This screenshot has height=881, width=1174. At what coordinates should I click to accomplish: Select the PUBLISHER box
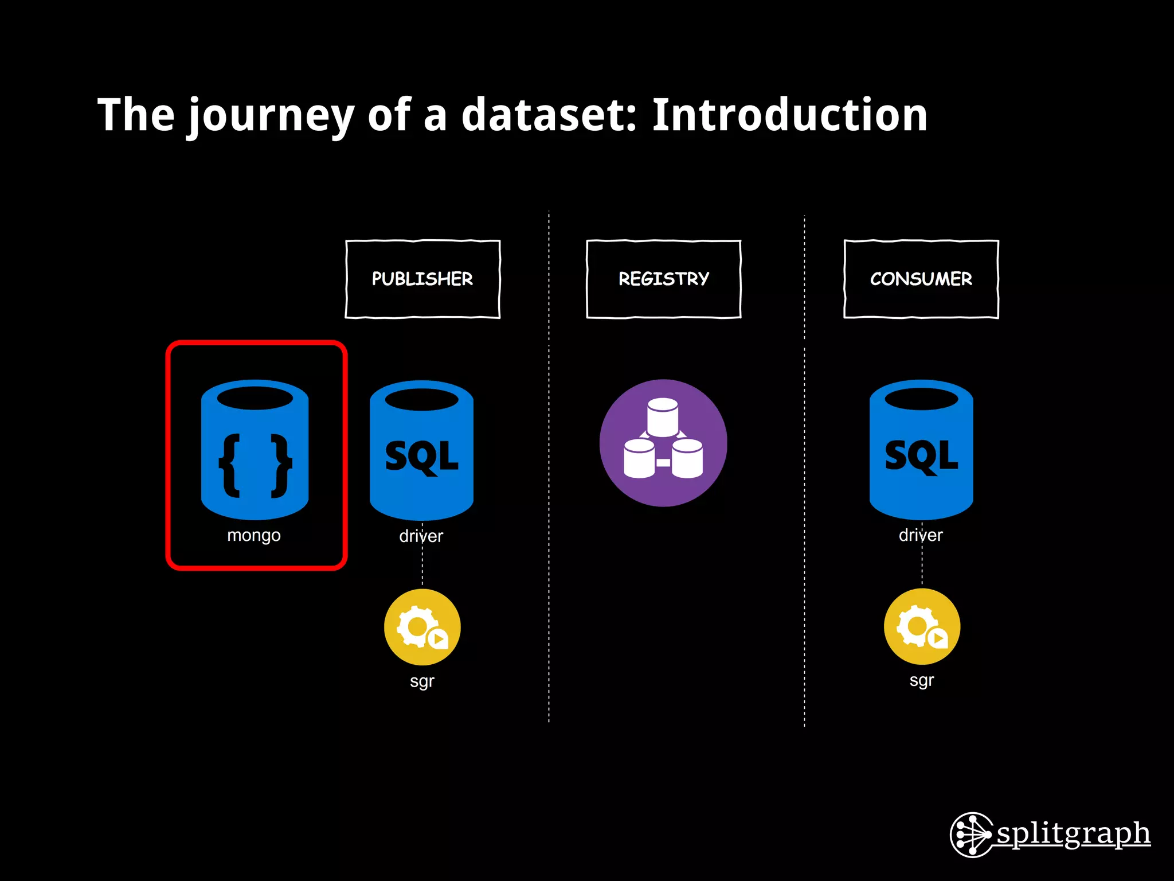422,279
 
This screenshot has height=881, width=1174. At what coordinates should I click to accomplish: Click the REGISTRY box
663,279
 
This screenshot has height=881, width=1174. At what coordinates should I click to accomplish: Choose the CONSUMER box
921,279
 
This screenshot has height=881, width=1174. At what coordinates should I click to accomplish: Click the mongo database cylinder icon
255,450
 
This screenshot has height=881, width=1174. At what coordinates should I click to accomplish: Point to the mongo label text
254,536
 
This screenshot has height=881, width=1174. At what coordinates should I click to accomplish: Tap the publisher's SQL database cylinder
421,451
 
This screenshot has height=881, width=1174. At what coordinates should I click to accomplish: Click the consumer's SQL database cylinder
921,450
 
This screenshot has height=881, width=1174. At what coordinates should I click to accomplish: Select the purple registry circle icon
663,443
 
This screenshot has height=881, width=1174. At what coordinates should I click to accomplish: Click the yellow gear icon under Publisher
422,627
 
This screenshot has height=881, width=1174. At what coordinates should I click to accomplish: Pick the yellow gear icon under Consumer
922,626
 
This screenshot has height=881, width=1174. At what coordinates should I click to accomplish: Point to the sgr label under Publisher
422,681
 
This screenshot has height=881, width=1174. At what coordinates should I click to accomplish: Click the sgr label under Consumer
922,681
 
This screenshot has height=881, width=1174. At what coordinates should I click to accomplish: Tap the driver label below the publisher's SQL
421,536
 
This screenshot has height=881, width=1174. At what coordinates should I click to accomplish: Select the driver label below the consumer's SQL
921,535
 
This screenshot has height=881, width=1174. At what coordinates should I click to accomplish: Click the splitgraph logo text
1073,833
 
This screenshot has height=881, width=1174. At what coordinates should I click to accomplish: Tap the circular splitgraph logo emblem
972,835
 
